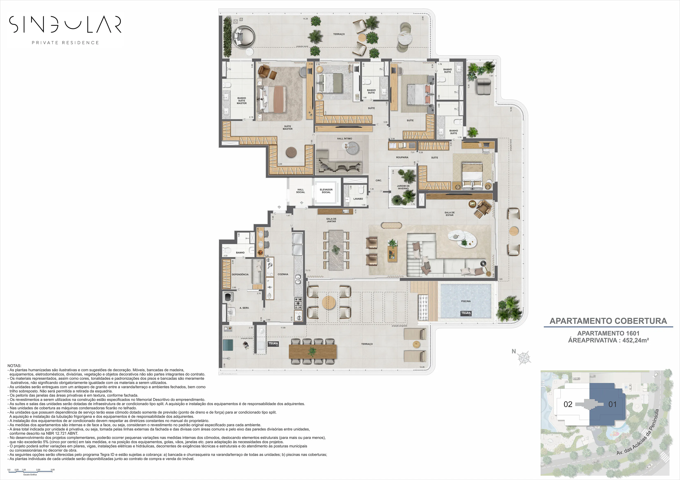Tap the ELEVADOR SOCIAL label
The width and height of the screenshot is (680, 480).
pos(326,191)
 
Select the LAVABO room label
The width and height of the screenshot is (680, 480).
pos(358,199)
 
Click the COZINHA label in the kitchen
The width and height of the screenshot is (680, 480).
pos(283,274)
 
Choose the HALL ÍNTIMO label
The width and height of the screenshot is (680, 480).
pos(344,138)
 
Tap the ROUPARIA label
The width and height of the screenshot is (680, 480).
pos(402,157)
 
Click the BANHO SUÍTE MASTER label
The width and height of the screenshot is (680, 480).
pos(242,101)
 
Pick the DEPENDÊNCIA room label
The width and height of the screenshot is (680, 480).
pos(240,274)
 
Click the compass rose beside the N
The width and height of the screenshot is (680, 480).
pos(524,358)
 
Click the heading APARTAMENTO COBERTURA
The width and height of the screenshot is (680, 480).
pos(608,321)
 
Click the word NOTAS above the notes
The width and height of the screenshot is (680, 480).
pos(14,366)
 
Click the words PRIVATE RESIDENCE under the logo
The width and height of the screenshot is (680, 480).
pos(65,43)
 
